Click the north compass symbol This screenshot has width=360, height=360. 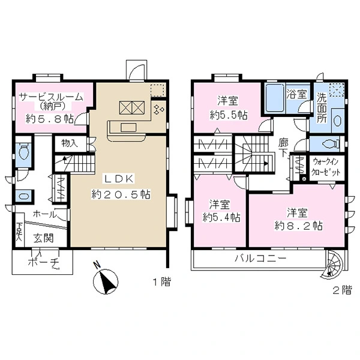point(106,280)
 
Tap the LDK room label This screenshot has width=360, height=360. point(119,179)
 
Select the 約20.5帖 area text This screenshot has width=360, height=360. point(121,194)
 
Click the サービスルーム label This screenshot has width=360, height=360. point(51,97)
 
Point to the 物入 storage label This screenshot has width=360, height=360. point(70,143)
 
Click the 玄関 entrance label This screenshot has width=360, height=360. point(44,238)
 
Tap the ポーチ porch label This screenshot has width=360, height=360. point(43,262)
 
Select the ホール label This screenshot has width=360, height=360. point(44,214)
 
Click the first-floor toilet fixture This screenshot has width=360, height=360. point(23,151)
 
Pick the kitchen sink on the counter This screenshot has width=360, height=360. point(128,127)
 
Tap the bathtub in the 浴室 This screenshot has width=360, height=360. point(275,98)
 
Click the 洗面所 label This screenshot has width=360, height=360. point(322,108)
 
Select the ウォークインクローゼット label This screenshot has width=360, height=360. point(326,167)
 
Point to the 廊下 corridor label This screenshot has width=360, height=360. point(283,148)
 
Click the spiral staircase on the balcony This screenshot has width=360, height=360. point(332,264)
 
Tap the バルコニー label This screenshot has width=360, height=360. point(260,259)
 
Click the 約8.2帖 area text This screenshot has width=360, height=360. point(298,226)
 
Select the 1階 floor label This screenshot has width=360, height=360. point(162,282)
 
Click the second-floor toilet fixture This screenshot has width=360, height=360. point(331,144)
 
